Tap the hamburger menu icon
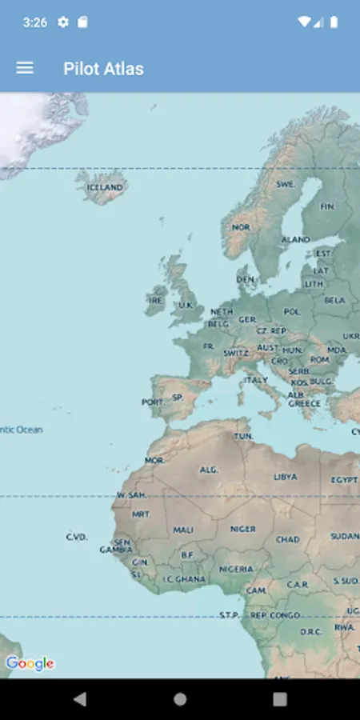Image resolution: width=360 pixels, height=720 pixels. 25,68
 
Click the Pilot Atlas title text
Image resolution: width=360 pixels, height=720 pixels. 103,69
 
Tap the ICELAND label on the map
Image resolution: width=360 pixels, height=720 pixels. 105,188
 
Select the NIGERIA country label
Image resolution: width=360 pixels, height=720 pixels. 236,570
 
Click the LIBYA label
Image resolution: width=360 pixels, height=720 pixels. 285,477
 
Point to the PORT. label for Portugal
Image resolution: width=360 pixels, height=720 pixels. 152,402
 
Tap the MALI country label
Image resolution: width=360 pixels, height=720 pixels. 183,530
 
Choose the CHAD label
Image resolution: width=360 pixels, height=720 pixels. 287,539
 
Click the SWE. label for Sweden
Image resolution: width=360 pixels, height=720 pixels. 286,184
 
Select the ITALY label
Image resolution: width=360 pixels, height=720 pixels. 256,380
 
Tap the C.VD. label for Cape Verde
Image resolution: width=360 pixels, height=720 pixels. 77,537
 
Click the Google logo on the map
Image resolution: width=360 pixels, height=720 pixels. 30,663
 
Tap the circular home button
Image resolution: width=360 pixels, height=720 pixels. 180,699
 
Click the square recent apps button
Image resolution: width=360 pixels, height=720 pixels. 279,699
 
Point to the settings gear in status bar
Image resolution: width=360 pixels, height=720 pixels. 63,22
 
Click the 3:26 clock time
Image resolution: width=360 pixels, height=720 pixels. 34,22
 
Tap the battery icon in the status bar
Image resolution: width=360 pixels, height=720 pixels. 334,22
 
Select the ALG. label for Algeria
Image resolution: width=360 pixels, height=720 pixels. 208,470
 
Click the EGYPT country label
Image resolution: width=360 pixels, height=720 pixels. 344,480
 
